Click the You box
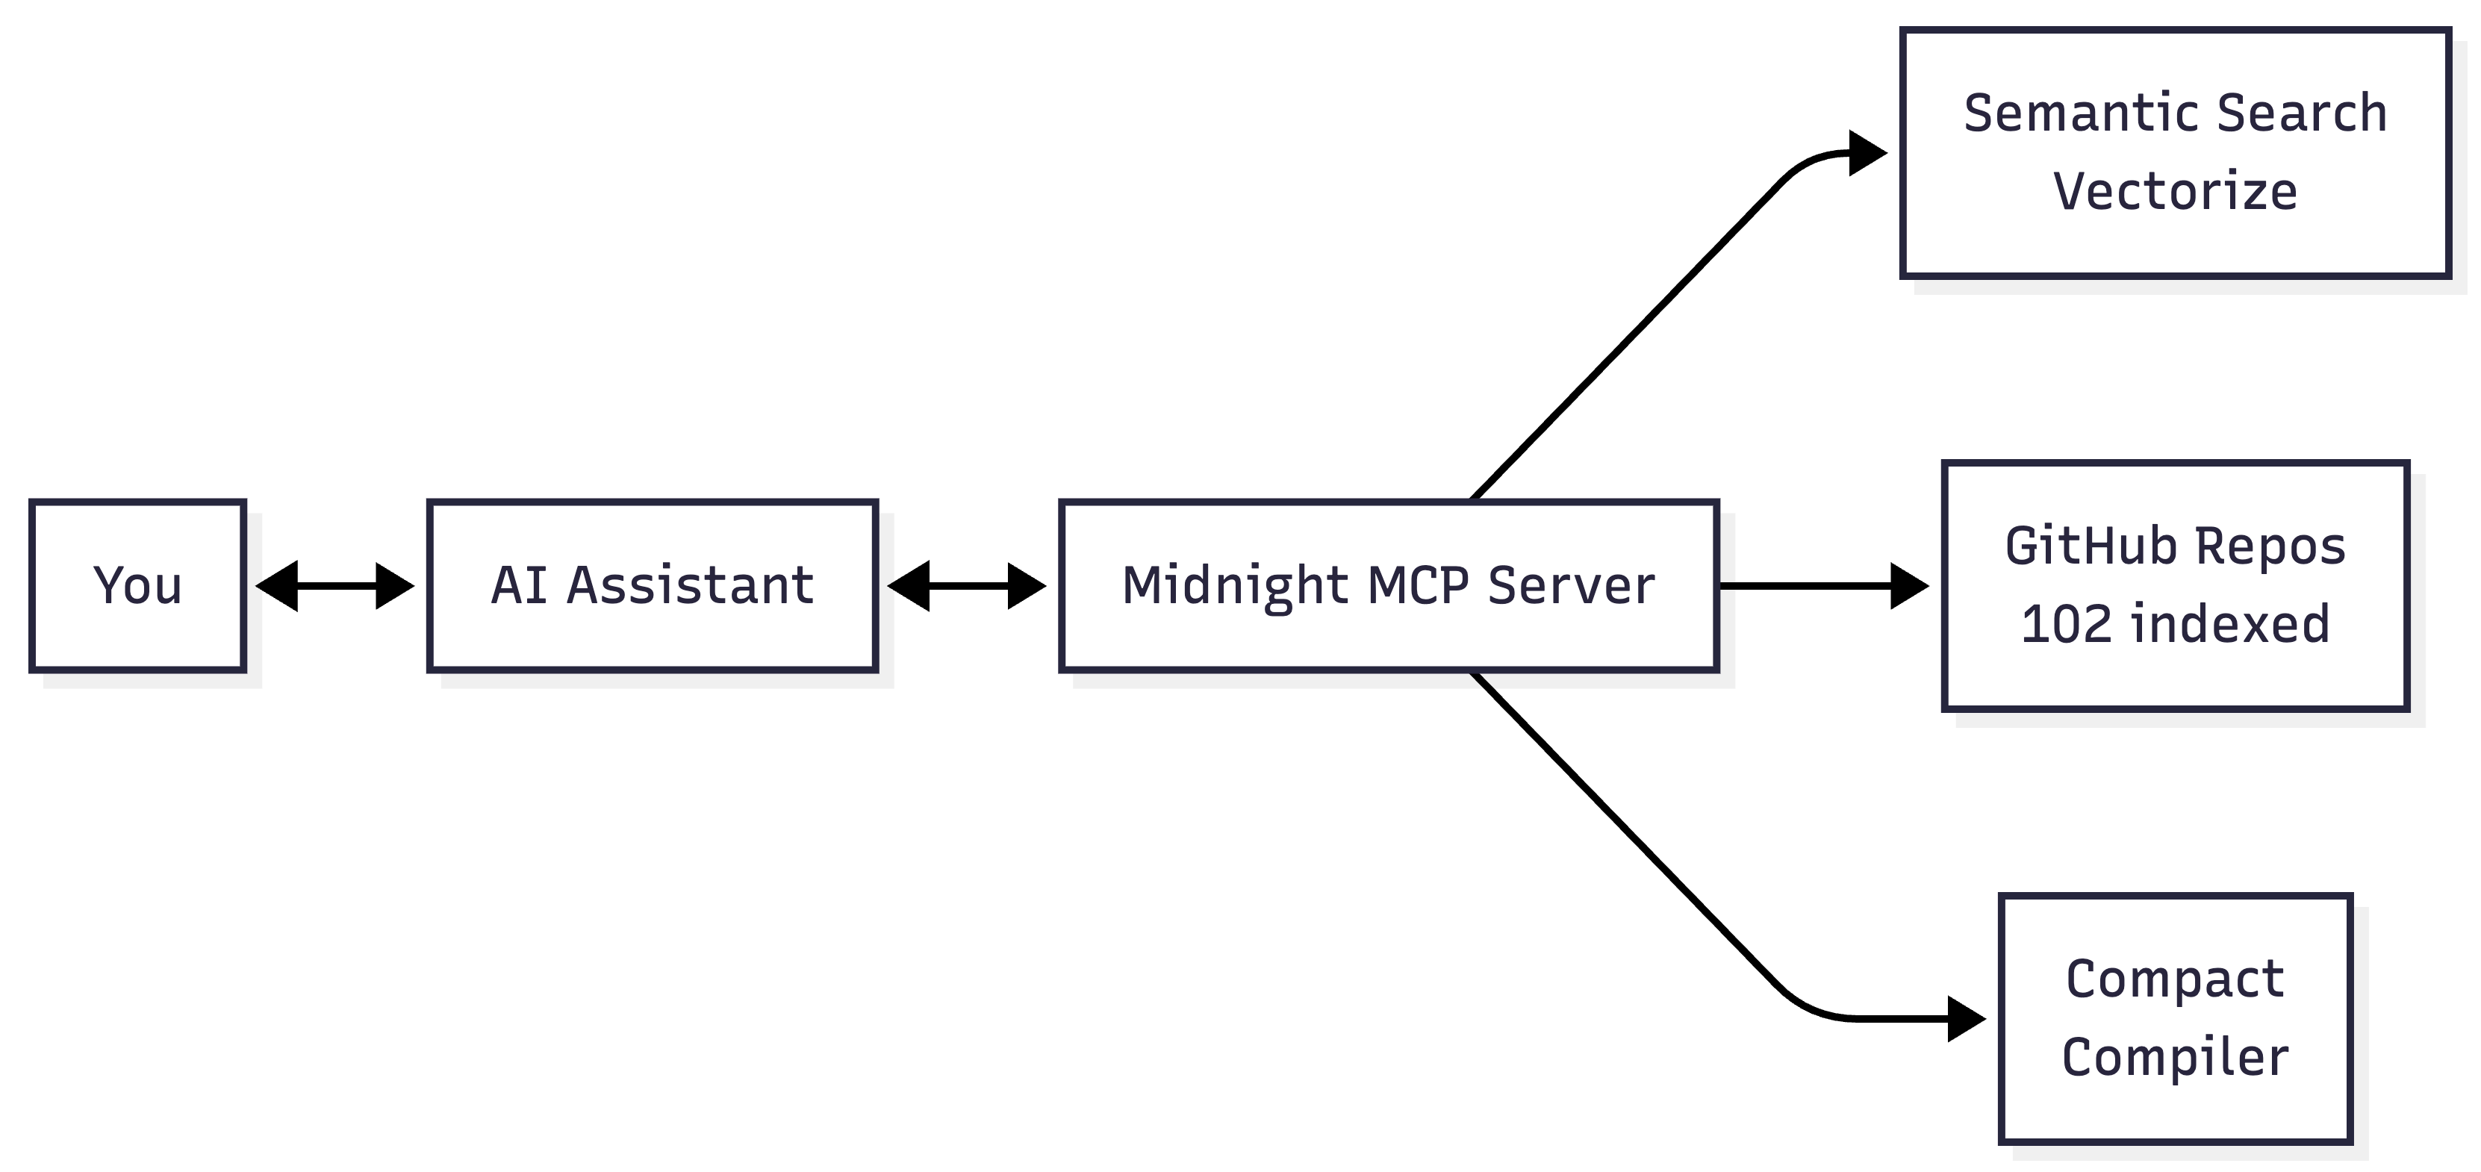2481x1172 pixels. (x=137, y=585)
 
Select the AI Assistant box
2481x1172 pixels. (x=652, y=585)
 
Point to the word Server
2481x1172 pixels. (x=1571, y=585)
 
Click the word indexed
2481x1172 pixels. (x=2229, y=624)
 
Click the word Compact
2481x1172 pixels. (x=2175, y=979)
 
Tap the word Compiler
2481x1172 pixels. (x=2175, y=1057)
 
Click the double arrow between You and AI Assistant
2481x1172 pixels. (x=335, y=585)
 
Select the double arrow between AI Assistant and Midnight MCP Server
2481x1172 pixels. (x=967, y=585)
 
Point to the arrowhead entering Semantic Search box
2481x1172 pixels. (x=1867, y=153)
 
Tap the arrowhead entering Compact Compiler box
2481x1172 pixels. (x=1966, y=1019)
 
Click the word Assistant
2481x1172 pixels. (x=690, y=585)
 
